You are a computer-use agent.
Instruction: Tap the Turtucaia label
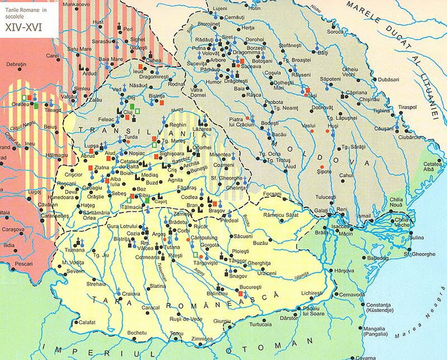point(261,324)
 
